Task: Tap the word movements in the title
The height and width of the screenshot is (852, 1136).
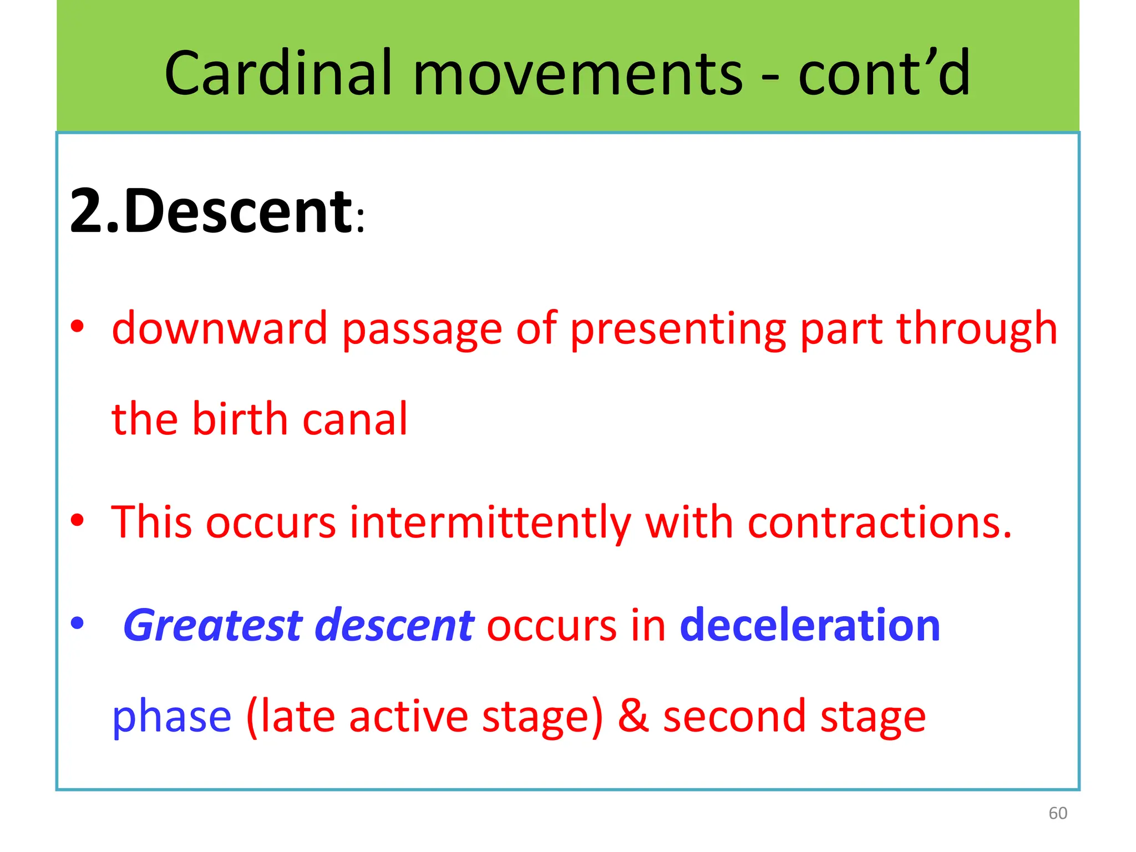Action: (x=577, y=73)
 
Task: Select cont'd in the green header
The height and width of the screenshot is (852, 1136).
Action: (x=884, y=73)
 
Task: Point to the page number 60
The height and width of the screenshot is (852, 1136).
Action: (x=1058, y=813)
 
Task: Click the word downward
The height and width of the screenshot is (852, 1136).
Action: (x=220, y=328)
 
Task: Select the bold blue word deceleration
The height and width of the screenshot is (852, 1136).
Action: (x=810, y=625)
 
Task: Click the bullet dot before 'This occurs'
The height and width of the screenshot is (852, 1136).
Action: (x=78, y=520)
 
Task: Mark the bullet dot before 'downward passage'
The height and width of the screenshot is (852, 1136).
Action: (x=78, y=326)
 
